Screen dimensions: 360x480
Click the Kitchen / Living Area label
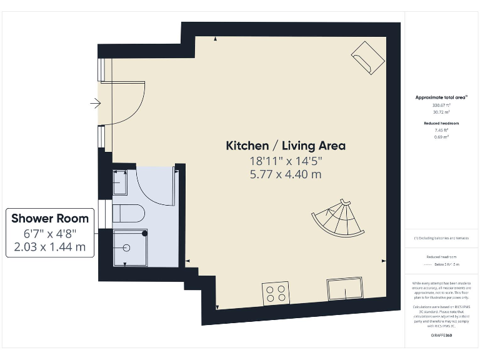286,146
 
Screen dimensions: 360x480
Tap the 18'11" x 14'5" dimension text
286,161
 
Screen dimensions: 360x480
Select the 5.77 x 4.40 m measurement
286,174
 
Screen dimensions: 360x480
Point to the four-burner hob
276,292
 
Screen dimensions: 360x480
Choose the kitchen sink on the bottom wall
343,289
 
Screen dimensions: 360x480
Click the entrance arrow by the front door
95,103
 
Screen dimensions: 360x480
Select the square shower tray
130,247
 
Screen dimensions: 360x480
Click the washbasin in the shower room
120,182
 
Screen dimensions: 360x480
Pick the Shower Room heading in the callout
50,219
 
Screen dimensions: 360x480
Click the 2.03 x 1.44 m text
50,247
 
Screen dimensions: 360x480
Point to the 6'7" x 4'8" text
50,234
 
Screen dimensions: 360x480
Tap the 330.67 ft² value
442,106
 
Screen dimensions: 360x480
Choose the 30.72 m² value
442,112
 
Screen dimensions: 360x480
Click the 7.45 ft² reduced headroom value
442,130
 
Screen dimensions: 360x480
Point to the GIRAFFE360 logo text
441,336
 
